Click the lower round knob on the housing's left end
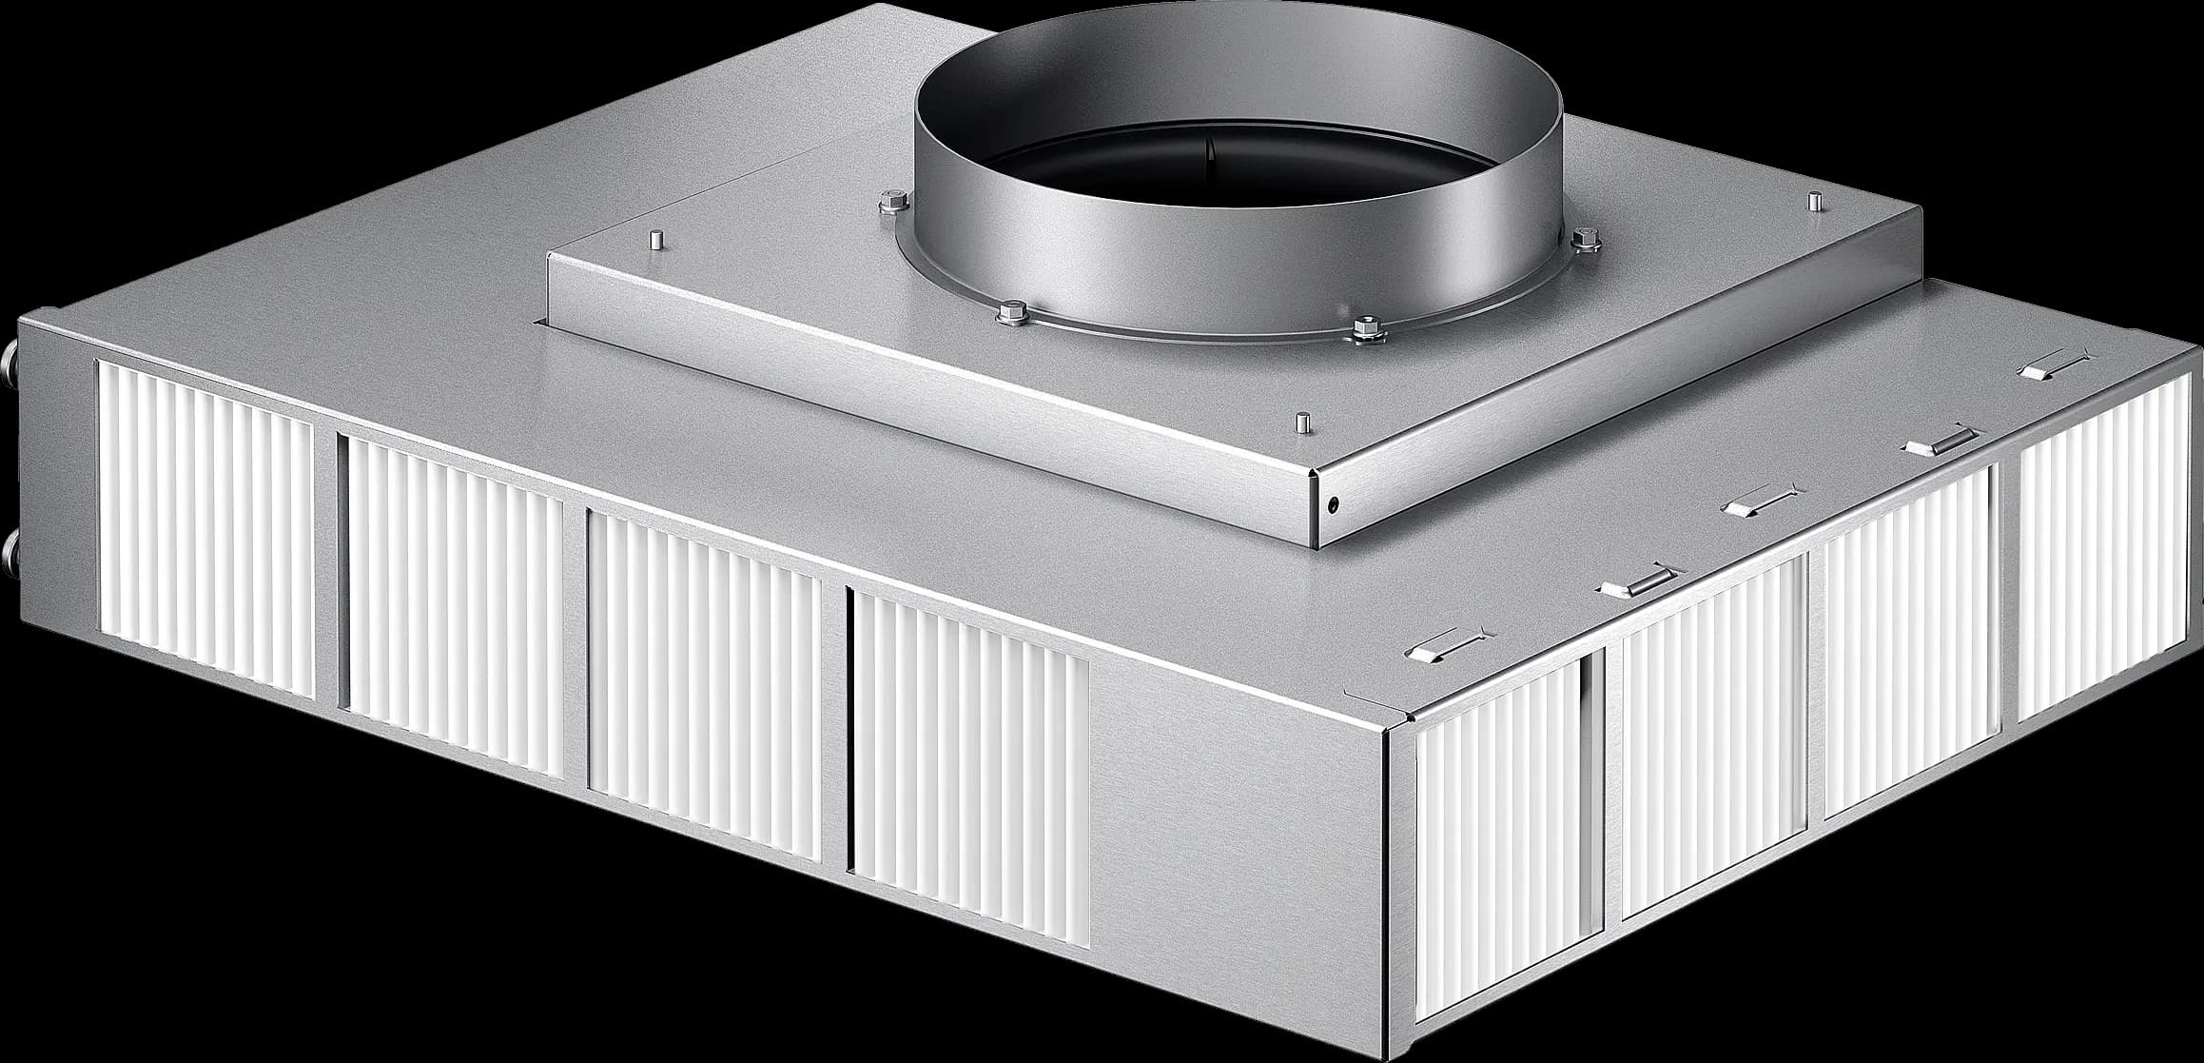click(x=10, y=550)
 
